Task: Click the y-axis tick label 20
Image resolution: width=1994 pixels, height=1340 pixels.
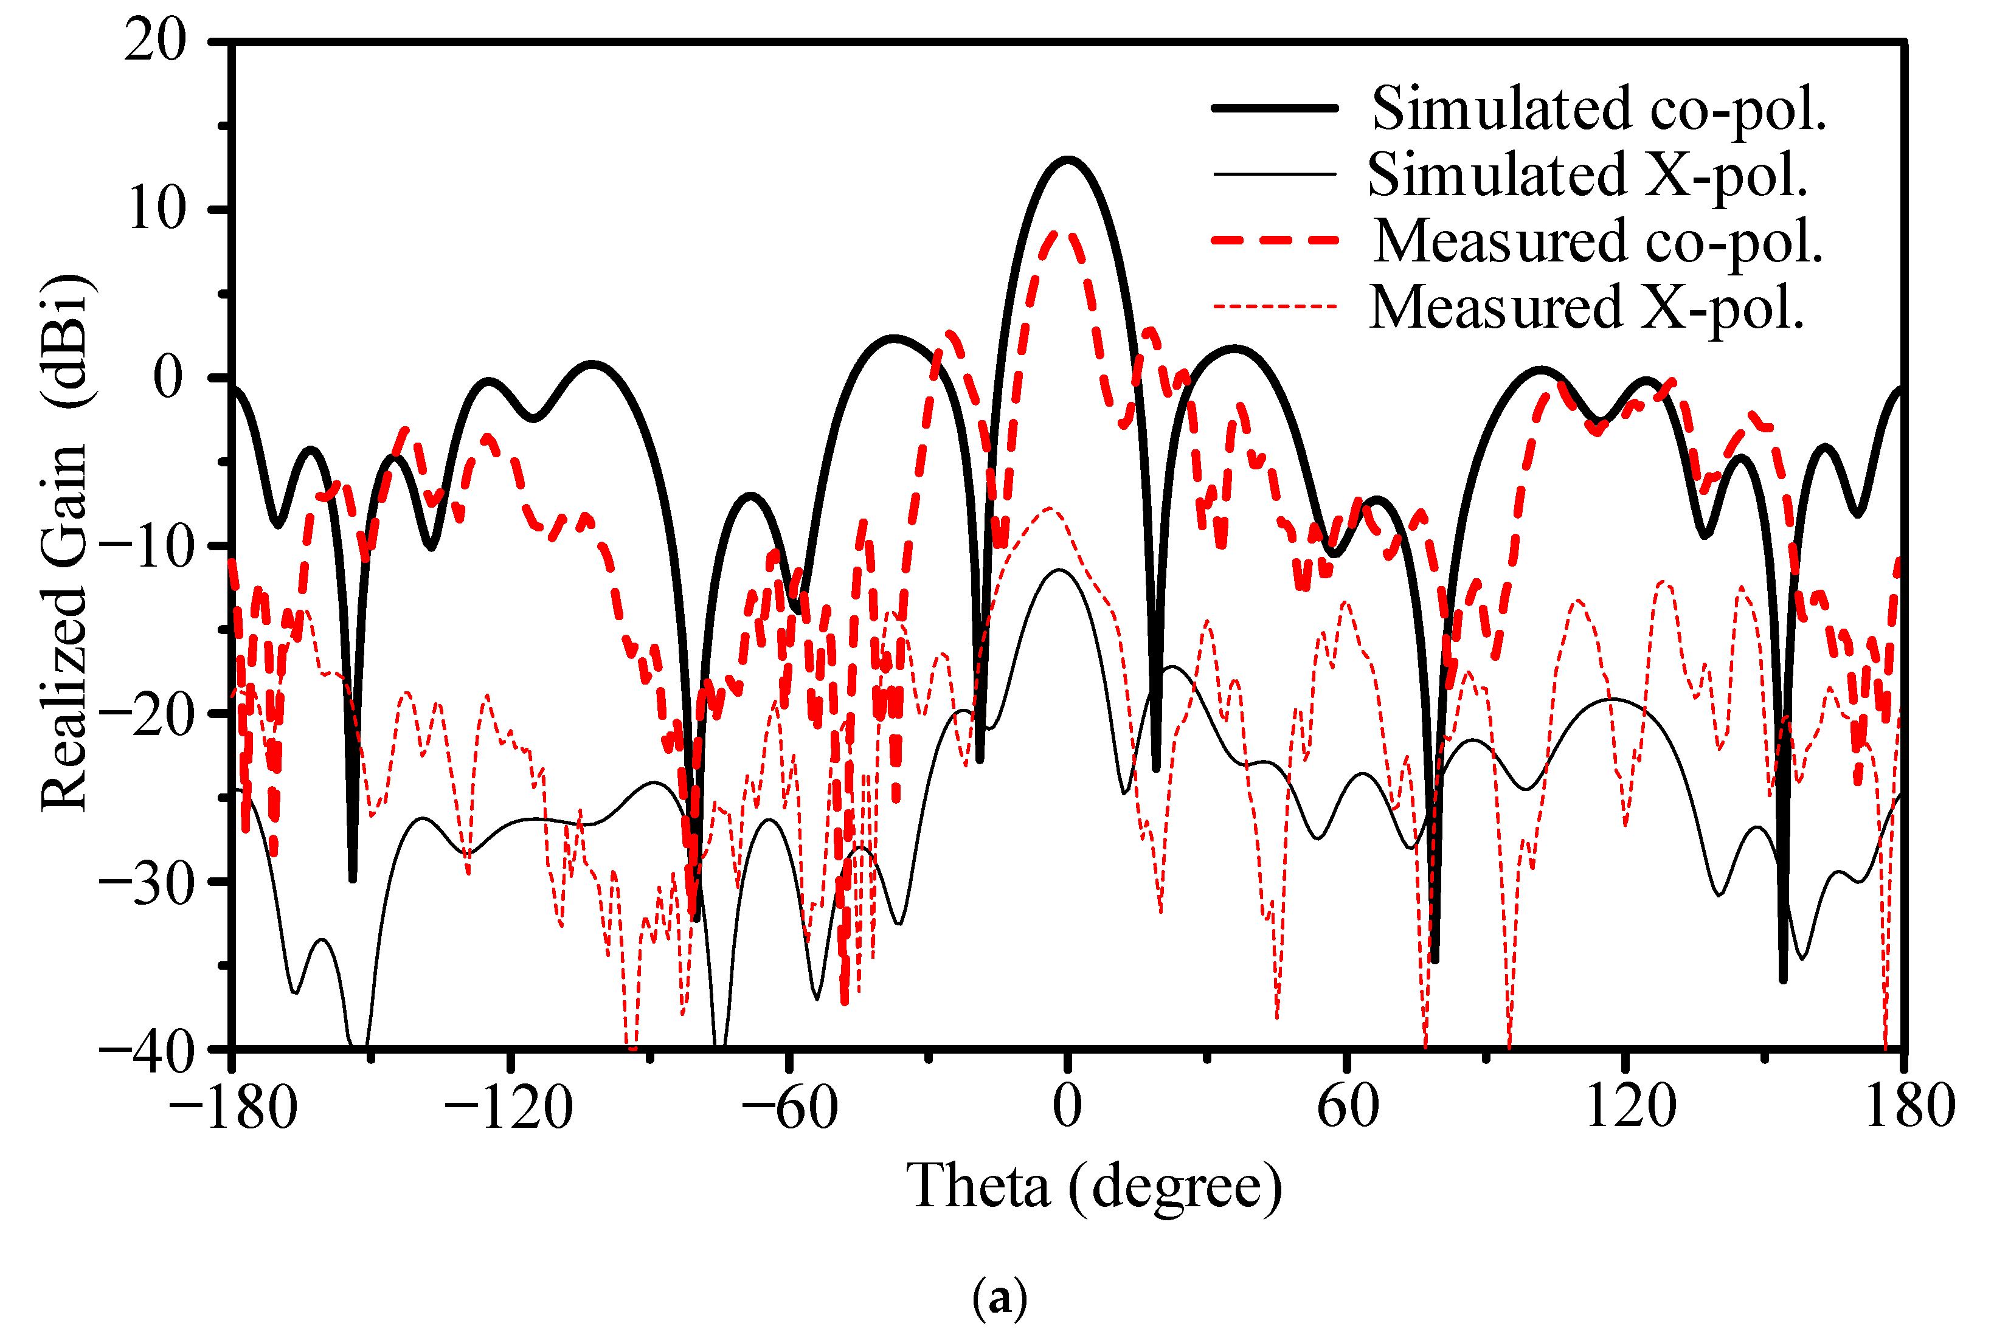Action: pos(154,40)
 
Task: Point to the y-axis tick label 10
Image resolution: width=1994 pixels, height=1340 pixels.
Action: pos(156,209)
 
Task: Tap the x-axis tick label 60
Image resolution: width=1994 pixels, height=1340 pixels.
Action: pos(1348,1107)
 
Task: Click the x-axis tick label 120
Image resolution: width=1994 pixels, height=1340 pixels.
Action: pos(1630,1107)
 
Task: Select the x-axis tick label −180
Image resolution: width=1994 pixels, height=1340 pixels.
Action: pos(232,1107)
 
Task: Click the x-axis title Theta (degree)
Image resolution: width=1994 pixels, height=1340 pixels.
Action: pos(1094,1186)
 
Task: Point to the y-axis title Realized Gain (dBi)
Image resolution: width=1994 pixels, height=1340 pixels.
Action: pos(67,543)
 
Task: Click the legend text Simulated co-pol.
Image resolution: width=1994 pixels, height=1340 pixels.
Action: pos(1598,109)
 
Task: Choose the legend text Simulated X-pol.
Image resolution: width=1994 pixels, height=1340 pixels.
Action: pos(1587,174)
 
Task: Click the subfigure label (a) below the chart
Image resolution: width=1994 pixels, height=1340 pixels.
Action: pos(999,1298)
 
